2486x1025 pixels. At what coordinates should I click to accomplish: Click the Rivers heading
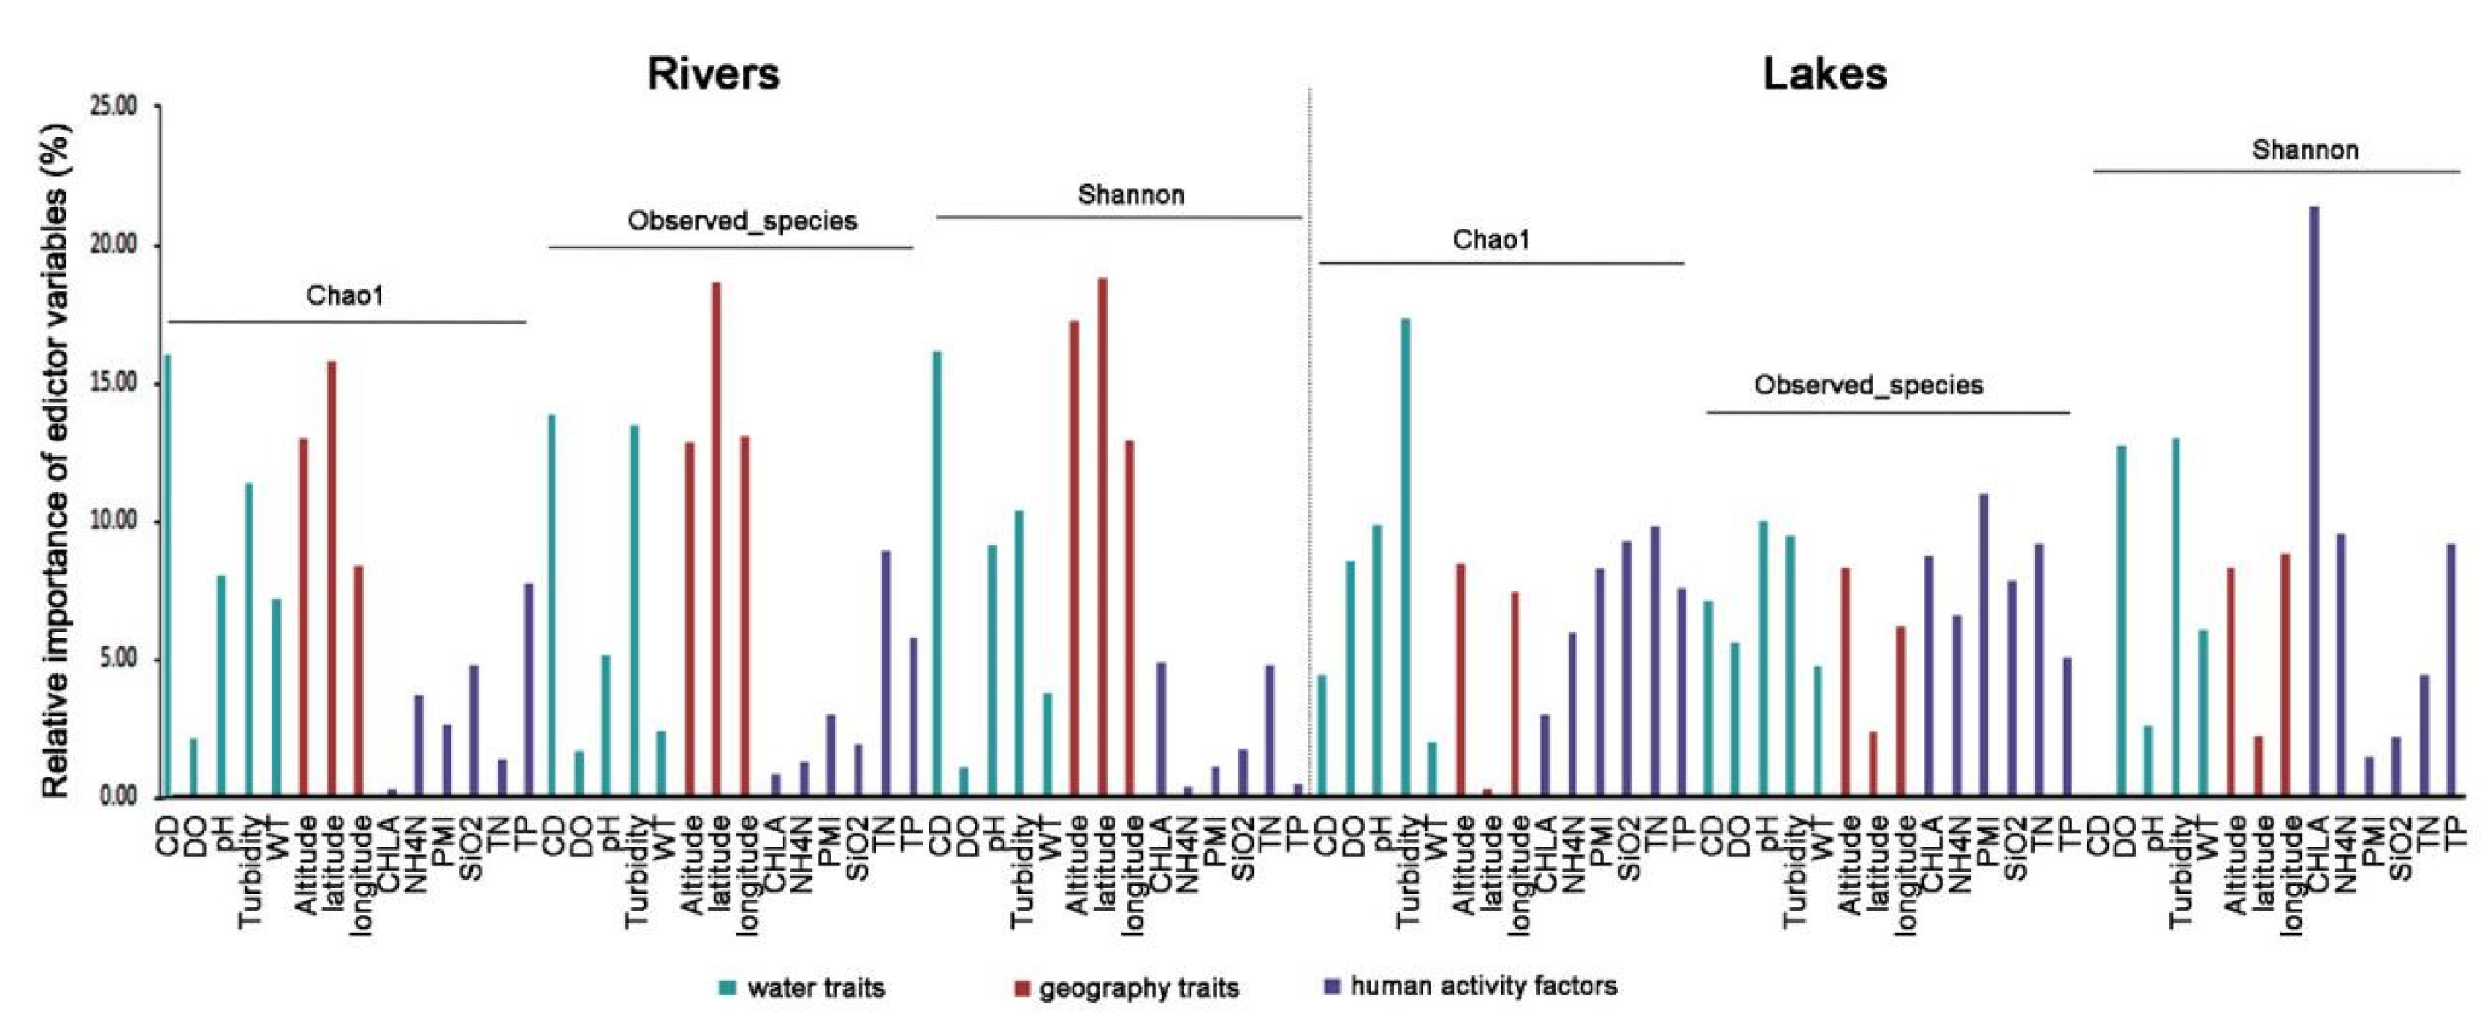coord(713,74)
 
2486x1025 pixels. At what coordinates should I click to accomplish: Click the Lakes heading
coord(1824,74)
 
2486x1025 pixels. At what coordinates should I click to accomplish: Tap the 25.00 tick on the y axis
coord(114,106)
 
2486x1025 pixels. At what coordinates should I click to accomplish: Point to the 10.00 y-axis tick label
coord(114,522)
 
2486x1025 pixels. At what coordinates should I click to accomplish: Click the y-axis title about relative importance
coord(56,462)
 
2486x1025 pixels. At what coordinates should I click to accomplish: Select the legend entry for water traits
coord(801,987)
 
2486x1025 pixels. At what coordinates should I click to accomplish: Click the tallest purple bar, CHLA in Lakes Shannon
coord(2314,502)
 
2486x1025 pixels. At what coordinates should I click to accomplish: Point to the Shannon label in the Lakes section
coord(2304,150)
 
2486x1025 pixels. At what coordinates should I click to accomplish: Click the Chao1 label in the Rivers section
coord(345,295)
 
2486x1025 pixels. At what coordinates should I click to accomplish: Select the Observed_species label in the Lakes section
coord(1868,385)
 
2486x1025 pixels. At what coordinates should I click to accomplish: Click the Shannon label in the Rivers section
coord(1130,195)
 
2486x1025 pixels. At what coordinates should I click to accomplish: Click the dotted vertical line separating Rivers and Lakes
coord(1310,434)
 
